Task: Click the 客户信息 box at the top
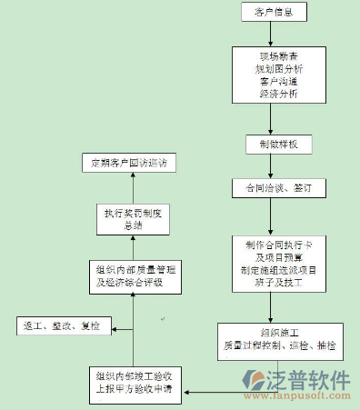click(x=273, y=12)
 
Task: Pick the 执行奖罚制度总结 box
click(x=132, y=219)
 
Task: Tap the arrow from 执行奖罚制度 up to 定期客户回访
click(x=132, y=187)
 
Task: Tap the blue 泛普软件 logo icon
click(x=255, y=382)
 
